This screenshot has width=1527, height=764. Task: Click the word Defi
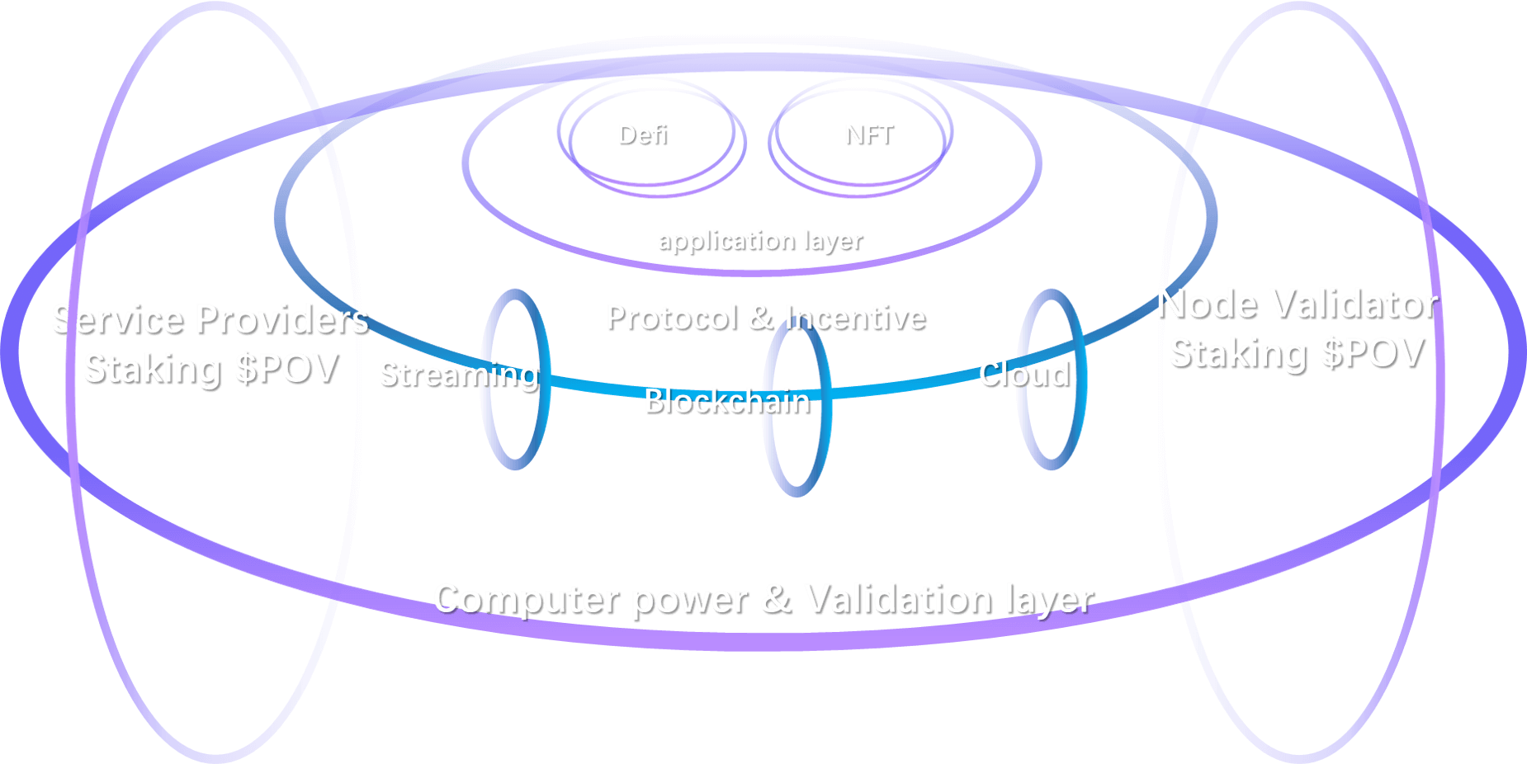(x=641, y=134)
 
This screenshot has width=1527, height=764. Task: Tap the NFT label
(x=868, y=134)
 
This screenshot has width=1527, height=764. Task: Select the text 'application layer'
(x=759, y=240)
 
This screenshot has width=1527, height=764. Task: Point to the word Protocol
(x=671, y=318)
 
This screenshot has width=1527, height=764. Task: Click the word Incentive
(x=854, y=318)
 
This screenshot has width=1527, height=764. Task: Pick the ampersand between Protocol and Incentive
(x=760, y=318)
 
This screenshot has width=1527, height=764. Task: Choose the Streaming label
(x=459, y=375)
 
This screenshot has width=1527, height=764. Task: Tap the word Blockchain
(x=726, y=401)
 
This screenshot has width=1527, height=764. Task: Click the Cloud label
(x=1024, y=375)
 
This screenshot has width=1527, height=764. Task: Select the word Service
(x=116, y=319)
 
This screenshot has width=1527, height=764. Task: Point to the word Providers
(x=281, y=319)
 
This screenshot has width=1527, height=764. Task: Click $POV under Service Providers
(x=286, y=368)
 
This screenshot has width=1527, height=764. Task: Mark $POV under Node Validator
(x=1372, y=353)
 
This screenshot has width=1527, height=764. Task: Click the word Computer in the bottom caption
(x=525, y=599)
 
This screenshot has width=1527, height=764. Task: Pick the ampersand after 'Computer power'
(x=775, y=599)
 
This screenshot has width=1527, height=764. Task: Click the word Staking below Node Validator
(x=1237, y=353)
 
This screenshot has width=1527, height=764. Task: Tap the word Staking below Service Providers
(x=152, y=368)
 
